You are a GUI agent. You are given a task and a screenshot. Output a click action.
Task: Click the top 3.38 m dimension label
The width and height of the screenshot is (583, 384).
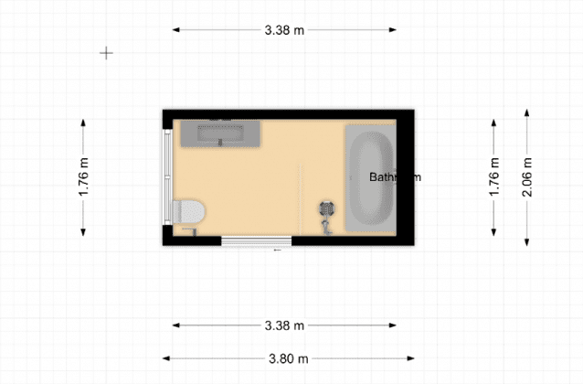(284, 30)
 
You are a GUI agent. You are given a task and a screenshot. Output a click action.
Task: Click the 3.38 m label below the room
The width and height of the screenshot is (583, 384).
(284, 325)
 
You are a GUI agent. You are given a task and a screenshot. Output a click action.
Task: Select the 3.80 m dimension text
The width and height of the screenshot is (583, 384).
(288, 357)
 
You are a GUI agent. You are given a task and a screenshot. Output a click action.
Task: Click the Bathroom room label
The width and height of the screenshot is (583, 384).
(395, 177)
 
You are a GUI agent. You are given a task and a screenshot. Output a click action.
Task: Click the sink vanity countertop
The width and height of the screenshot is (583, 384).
(219, 133)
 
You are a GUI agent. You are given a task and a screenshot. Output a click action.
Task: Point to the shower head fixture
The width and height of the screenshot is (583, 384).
(327, 210)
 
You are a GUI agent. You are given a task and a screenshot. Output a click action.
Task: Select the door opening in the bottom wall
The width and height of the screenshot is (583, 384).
(257, 241)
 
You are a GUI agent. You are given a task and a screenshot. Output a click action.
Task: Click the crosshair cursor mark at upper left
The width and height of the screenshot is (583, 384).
(106, 53)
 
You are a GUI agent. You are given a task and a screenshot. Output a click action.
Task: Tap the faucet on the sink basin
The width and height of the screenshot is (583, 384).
(220, 142)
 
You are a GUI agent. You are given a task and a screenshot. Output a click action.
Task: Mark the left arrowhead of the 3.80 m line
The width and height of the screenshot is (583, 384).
(165, 357)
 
